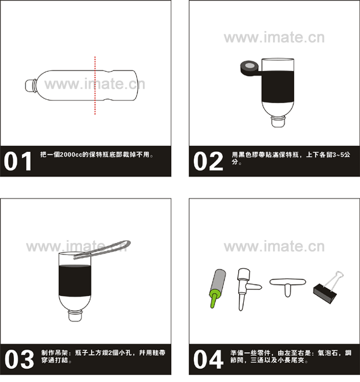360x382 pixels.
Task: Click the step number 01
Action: pos(18,161)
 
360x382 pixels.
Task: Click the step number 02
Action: pos(208,161)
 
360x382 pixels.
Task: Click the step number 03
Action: pos(19,359)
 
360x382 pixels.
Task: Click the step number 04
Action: pos(208,359)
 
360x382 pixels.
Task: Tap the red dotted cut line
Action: pos(95,85)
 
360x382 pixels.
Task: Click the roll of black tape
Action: pos(248,68)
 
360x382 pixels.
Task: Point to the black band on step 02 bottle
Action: pos(277,87)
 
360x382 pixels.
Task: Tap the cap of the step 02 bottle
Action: pos(278,123)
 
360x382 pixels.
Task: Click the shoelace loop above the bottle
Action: pos(102,249)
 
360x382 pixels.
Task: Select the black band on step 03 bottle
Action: pos(75,281)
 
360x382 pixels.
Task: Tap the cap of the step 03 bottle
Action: pos(75,316)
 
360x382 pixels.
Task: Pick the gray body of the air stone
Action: pos(219,280)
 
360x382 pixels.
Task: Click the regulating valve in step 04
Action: pos(246,289)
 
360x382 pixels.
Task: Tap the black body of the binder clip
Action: pos(325,293)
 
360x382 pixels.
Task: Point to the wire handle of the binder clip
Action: pos(335,280)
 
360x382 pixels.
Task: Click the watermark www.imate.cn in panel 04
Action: pos(274,247)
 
